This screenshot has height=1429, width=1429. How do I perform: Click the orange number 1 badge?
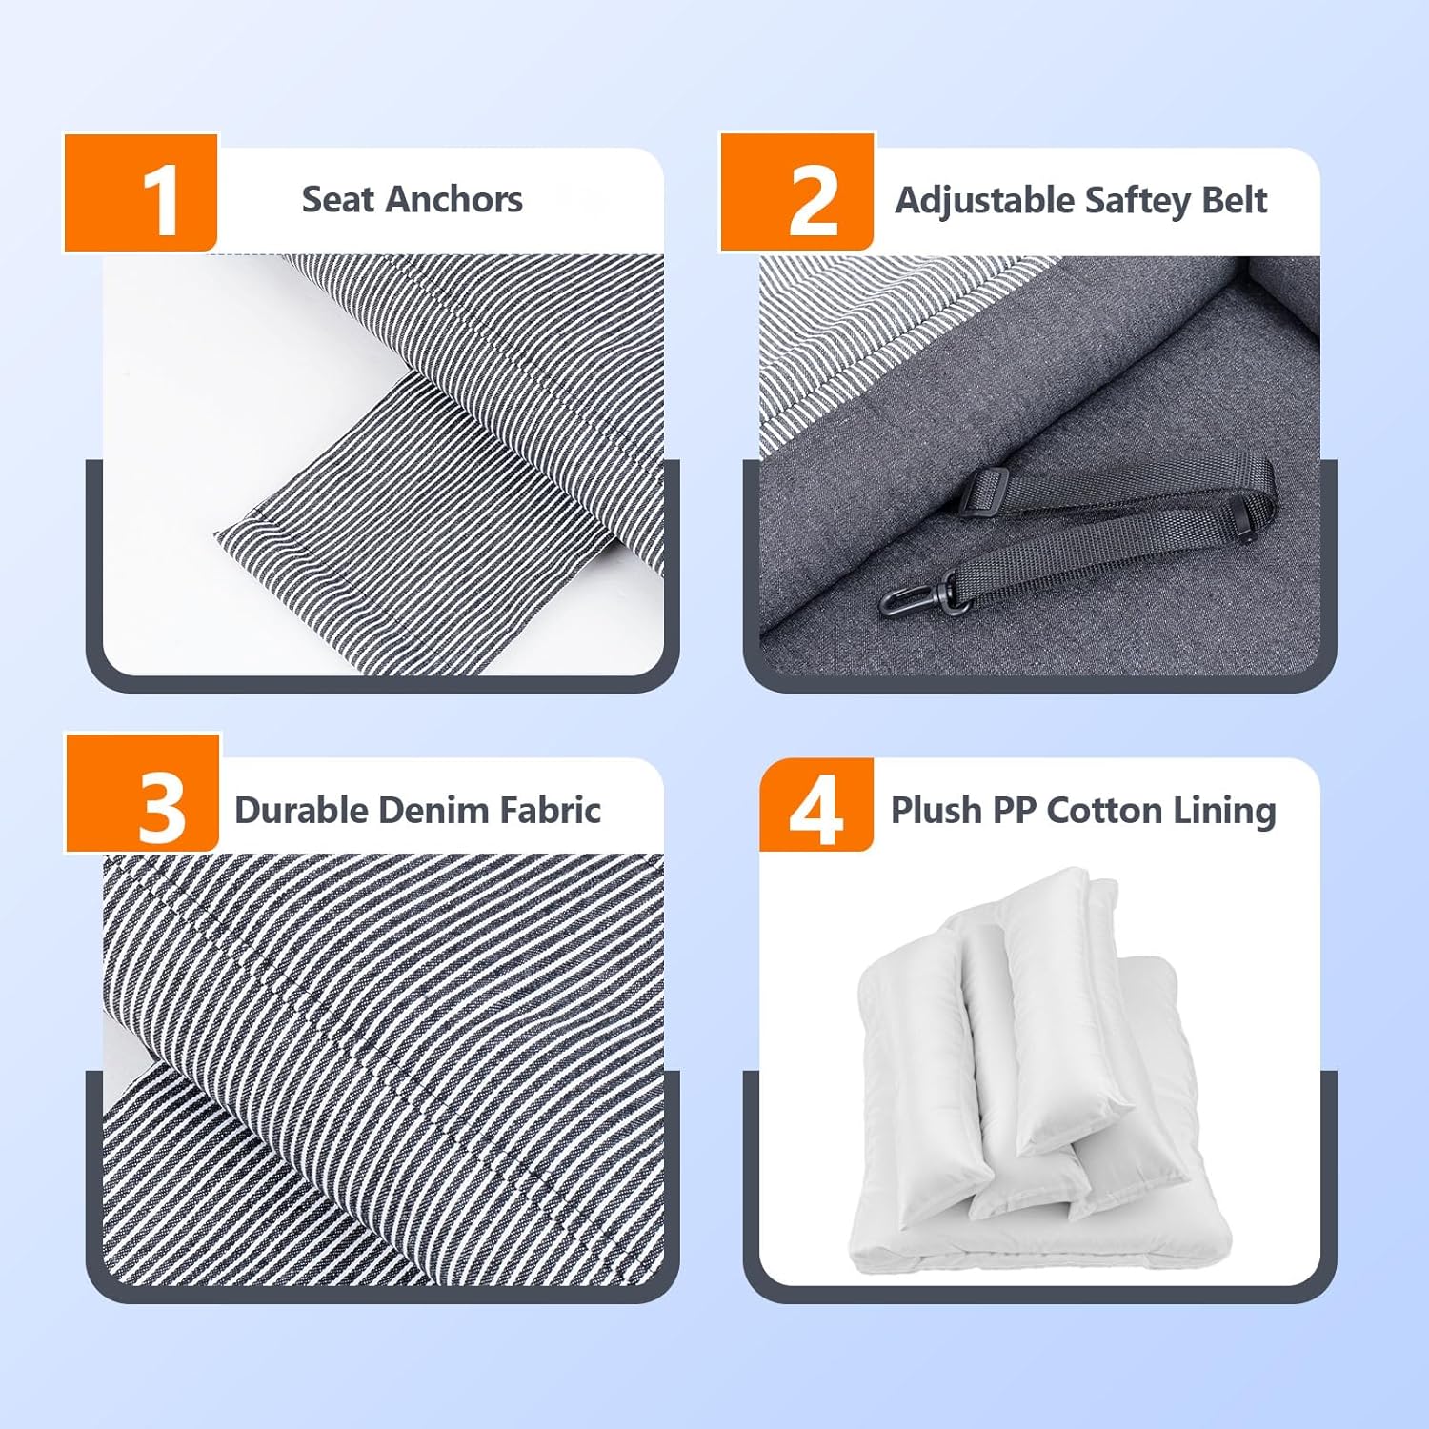click(x=141, y=193)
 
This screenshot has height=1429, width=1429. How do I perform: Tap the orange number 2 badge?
click(x=796, y=192)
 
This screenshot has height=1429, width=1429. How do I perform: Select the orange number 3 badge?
click(x=142, y=794)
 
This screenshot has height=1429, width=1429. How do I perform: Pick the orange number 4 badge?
click(x=816, y=805)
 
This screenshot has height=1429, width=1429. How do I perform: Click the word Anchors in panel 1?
click(x=454, y=199)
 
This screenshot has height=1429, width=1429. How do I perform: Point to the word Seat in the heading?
click(x=338, y=199)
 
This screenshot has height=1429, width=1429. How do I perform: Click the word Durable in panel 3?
click(x=301, y=810)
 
